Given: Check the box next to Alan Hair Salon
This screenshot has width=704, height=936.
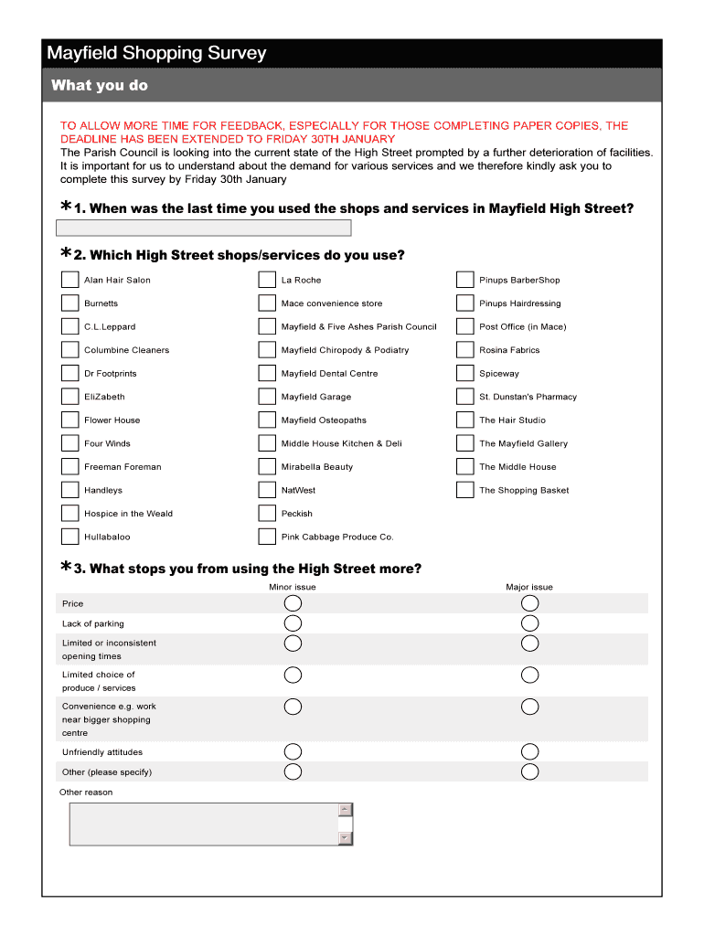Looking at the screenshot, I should [69, 280].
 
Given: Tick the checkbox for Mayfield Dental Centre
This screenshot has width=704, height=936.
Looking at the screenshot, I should [267, 373].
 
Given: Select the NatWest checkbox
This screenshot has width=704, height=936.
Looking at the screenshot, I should [267, 490].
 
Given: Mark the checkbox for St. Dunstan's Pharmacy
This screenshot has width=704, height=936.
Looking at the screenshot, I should [464, 397].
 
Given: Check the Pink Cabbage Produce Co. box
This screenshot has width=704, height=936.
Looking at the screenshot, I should [267, 537].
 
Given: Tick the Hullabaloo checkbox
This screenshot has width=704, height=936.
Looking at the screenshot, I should [69, 537].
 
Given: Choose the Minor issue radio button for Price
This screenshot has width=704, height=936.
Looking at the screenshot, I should [293, 603].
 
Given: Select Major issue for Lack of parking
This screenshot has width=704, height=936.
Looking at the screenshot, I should [529, 623].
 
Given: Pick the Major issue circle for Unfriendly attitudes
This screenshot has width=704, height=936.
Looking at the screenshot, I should [529, 752].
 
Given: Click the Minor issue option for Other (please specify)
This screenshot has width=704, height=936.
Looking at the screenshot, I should [293, 771].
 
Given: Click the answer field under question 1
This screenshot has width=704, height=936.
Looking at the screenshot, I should [204, 228].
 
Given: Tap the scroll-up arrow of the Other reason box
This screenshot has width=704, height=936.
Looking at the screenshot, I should [345, 810].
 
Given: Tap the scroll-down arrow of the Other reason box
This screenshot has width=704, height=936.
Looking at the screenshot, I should [345, 837].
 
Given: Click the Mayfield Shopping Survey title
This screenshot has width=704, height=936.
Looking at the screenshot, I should [156, 53].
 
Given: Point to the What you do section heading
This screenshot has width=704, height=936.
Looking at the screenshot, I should [99, 86].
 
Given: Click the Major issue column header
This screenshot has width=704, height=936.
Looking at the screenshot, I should [529, 587].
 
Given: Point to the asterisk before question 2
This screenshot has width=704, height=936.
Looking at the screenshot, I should [66, 253].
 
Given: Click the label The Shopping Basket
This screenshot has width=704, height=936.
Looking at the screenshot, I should [524, 490].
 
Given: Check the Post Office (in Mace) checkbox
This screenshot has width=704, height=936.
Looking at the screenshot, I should [464, 326].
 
